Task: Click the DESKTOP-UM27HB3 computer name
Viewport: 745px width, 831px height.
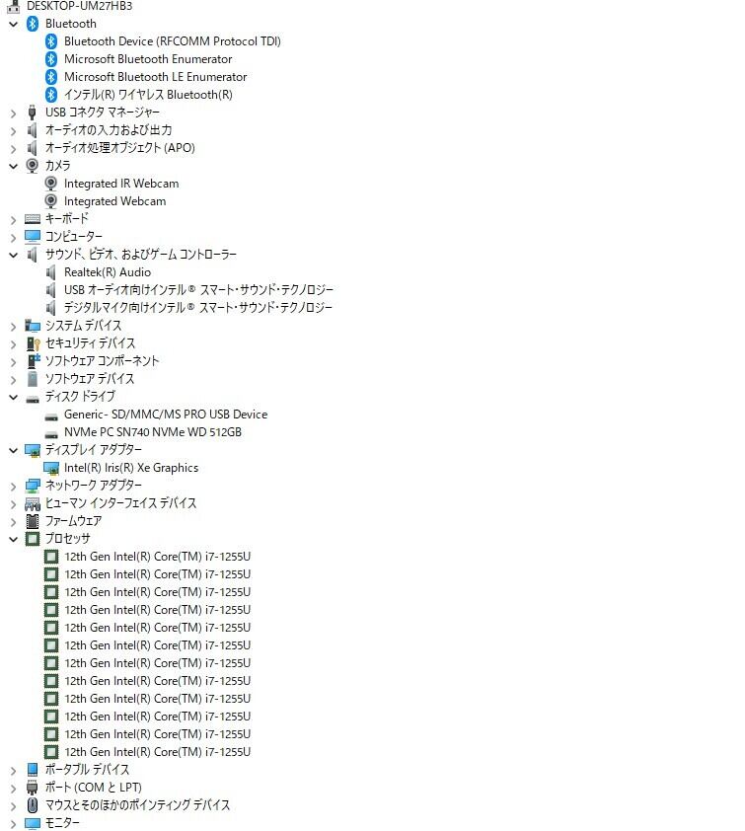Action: [79, 6]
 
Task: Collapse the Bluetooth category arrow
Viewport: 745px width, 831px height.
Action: [13, 24]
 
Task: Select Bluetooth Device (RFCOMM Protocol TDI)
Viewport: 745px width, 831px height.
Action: [172, 41]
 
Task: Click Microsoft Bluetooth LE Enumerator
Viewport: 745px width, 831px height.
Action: [155, 77]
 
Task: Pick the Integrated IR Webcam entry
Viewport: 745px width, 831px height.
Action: [120, 184]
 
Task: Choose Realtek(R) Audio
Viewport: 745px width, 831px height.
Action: [107, 272]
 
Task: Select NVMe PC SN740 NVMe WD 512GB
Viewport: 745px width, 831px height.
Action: [152, 432]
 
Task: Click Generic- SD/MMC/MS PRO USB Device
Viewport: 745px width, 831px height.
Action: [165, 415]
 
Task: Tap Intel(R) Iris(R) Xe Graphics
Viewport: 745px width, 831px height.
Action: [130, 468]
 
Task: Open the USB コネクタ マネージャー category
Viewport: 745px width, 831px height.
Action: [102, 113]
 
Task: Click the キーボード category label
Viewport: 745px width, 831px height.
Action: [66, 219]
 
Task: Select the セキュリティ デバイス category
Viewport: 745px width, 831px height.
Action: [90, 343]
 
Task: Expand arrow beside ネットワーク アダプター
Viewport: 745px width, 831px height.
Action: [13, 486]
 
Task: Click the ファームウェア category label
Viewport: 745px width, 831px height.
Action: [73, 521]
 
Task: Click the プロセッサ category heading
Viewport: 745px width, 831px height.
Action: [67, 539]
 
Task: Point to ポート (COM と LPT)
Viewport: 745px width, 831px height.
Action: [93, 788]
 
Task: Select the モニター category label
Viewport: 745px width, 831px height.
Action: [62, 823]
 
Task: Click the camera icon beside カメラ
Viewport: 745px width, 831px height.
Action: [33, 166]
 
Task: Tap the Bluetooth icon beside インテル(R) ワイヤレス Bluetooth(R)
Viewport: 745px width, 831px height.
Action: [51, 95]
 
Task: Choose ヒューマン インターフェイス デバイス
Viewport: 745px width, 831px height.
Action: [120, 503]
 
